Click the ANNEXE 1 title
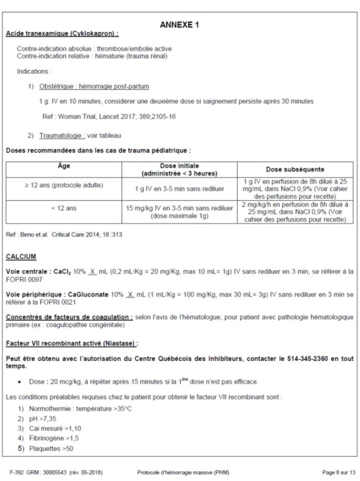coord(180,25)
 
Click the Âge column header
coord(64,166)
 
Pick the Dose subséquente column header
coord(295,169)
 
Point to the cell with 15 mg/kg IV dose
coord(180,212)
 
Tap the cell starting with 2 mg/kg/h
coord(295,212)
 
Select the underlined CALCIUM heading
coord(21,257)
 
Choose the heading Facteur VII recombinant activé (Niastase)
coord(72,343)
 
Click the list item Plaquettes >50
coord(51,449)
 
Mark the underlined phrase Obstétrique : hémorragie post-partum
coord(95,87)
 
